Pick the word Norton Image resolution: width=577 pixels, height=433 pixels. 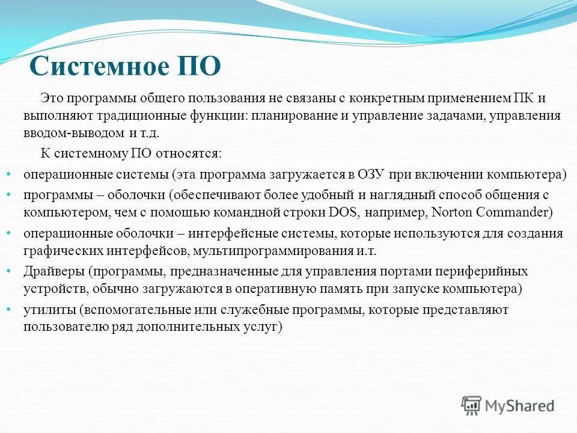point(438,212)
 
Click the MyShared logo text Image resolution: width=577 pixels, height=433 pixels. point(520,406)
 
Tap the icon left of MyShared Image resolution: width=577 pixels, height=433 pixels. point(471,406)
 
